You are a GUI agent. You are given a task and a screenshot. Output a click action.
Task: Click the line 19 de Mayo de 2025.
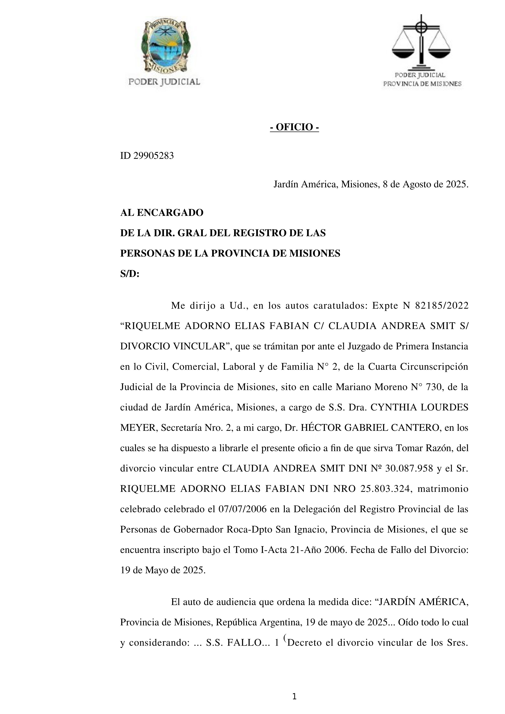[163, 570]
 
